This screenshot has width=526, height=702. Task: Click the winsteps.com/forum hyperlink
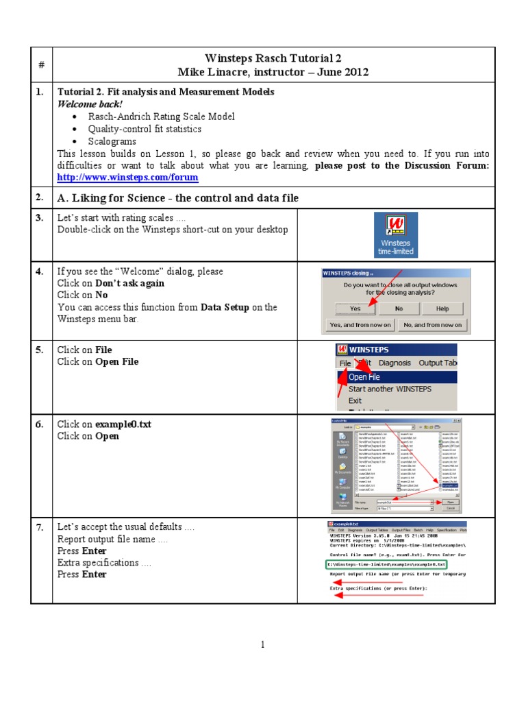[x=127, y=178]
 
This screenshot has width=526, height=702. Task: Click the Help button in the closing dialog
[x=442, y=308]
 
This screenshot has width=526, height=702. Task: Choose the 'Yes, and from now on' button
[x=360, y=324]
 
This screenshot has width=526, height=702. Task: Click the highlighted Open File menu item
[x=364, y=376]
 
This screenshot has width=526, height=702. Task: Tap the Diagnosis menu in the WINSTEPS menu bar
[x=394, y=363]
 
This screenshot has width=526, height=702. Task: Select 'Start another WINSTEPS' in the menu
[x=390, y=389]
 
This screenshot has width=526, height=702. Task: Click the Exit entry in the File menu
[x=355, y=400]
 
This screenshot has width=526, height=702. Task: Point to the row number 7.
[x=40, y=526]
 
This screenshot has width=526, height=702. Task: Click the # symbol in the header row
[x=41, y=64]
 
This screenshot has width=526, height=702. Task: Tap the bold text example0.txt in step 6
[x=123, y=424]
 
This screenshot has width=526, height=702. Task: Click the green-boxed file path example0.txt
[x=386, y=564]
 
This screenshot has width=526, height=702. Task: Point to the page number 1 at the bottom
[x=262, y=644]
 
